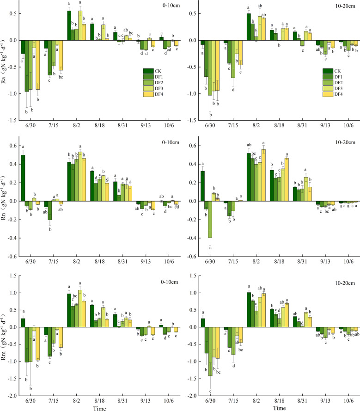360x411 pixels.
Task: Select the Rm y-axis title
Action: pyautogui.click(x=5, y=337)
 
